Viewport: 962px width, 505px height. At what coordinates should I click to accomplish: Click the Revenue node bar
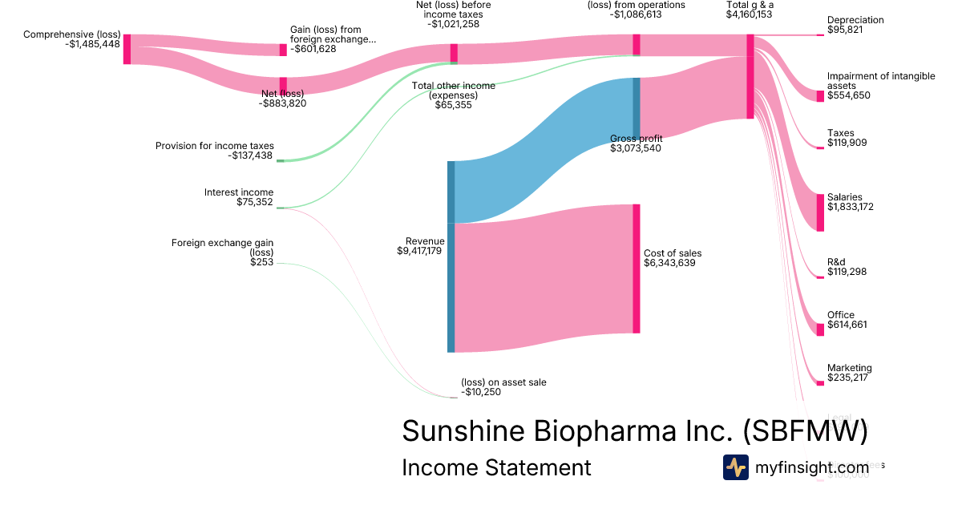(451, 257)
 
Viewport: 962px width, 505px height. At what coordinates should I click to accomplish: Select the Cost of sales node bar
(637, 269)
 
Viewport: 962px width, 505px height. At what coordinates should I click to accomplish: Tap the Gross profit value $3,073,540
(636, 148)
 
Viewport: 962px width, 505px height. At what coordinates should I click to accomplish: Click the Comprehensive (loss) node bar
(127, 49)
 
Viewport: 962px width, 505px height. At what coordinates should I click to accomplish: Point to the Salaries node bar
(820, 212)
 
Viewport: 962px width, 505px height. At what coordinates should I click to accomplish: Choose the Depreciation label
(855, 20)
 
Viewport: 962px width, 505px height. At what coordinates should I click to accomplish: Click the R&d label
(836, 262)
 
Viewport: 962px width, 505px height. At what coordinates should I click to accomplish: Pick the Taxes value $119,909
(847, 143)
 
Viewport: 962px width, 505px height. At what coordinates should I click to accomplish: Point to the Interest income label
(239, 192)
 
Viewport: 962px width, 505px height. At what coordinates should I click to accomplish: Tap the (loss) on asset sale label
(503, 382)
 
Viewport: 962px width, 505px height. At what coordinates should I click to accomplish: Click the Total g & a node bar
(750, 76)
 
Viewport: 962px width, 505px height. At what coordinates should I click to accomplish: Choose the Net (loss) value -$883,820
(282, 103)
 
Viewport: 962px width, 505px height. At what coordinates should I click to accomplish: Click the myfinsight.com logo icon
(735, 467)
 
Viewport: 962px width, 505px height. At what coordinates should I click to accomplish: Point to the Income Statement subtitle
(496, 467)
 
